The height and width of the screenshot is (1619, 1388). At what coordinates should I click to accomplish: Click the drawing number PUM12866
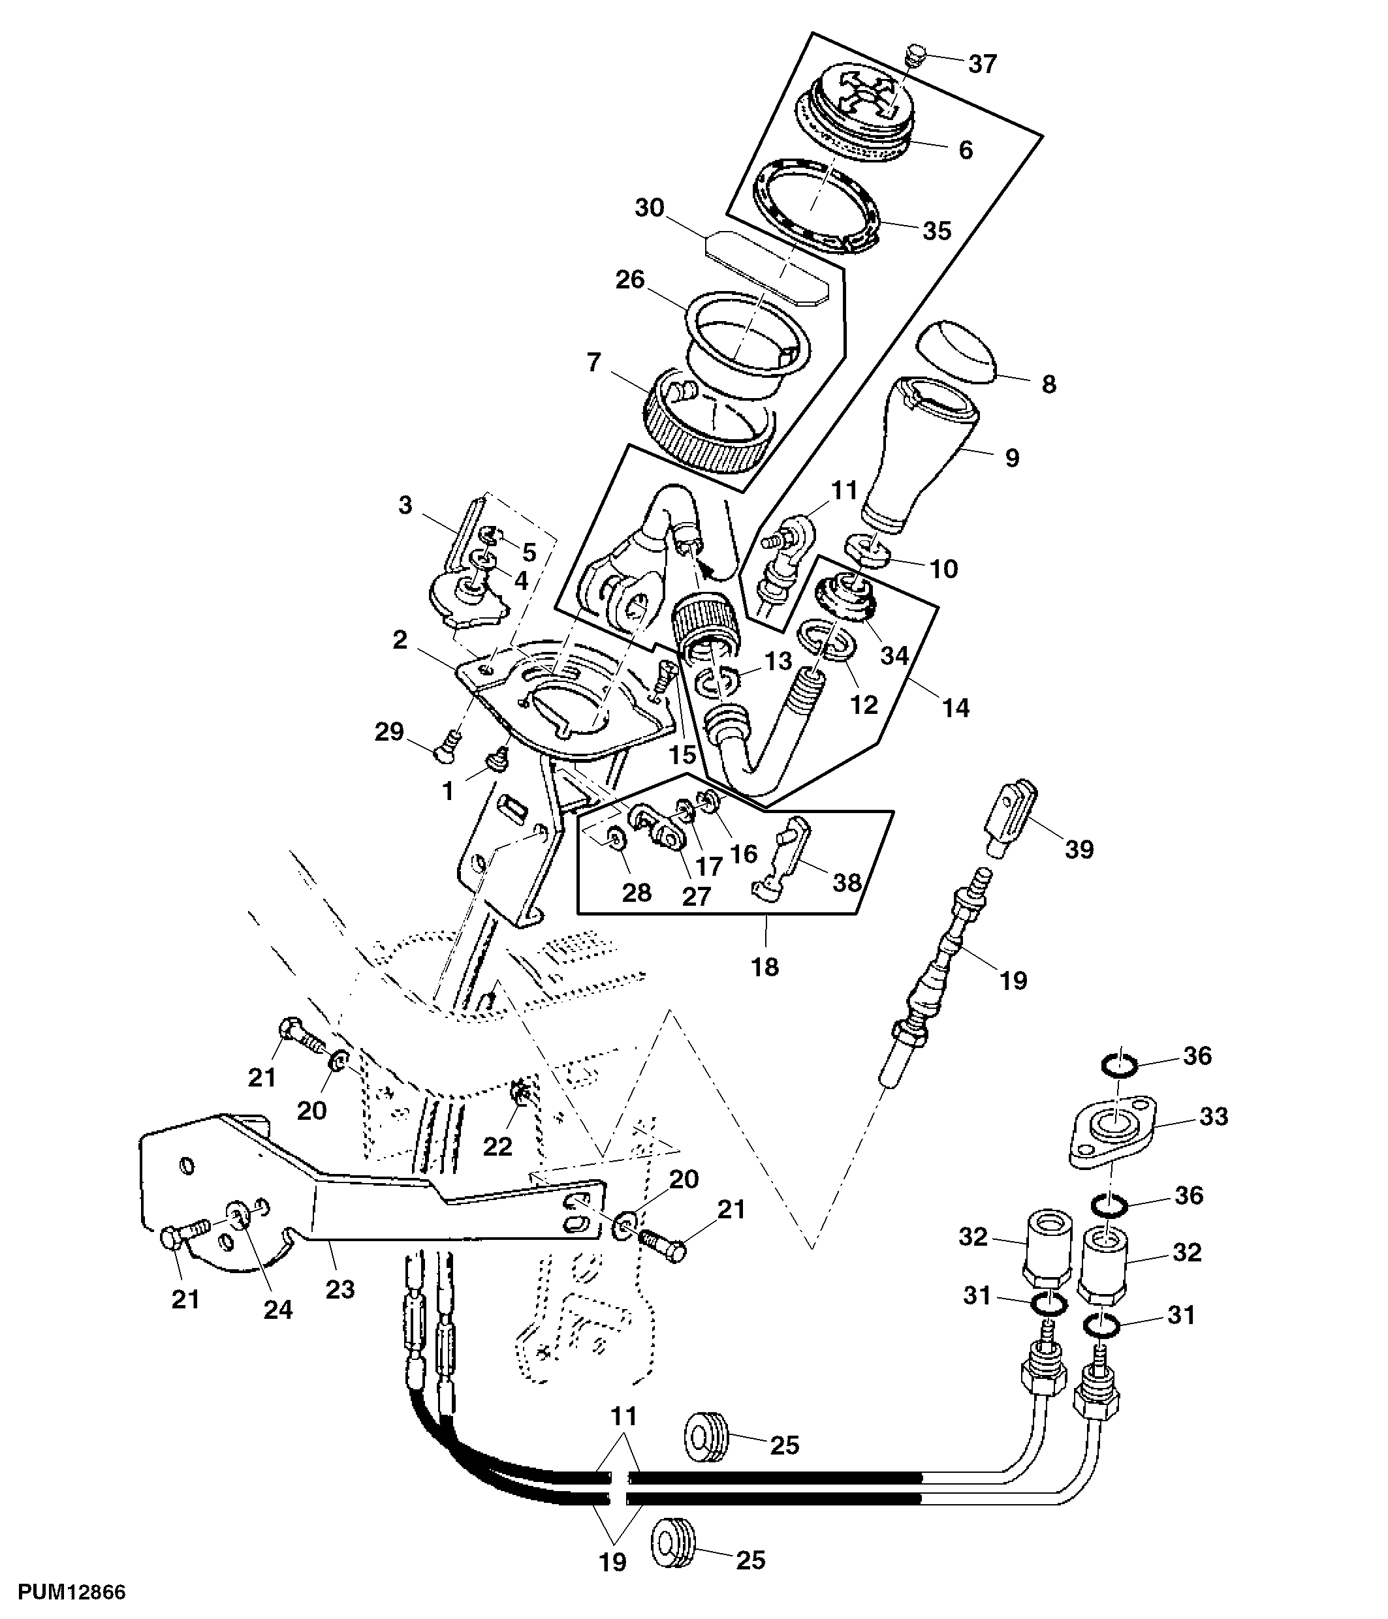click(x=72, y=1592)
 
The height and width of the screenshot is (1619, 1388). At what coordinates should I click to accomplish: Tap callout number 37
click(x=983, y=64)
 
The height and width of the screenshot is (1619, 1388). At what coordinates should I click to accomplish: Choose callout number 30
click(x=650, y=208)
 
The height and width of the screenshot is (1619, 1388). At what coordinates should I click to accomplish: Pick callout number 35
click(x=937, y=230)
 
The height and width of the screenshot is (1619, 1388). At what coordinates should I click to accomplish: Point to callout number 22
click(x=497, y=1147)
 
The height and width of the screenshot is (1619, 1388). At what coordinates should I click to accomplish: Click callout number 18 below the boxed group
click(x=765, y=966)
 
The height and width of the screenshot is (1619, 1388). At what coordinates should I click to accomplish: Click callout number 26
click(x=630, y=279)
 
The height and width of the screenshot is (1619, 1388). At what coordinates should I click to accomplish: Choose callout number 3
click(x=404, y=506)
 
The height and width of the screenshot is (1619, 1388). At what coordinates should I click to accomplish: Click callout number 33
click(x=1214, y=1116)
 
